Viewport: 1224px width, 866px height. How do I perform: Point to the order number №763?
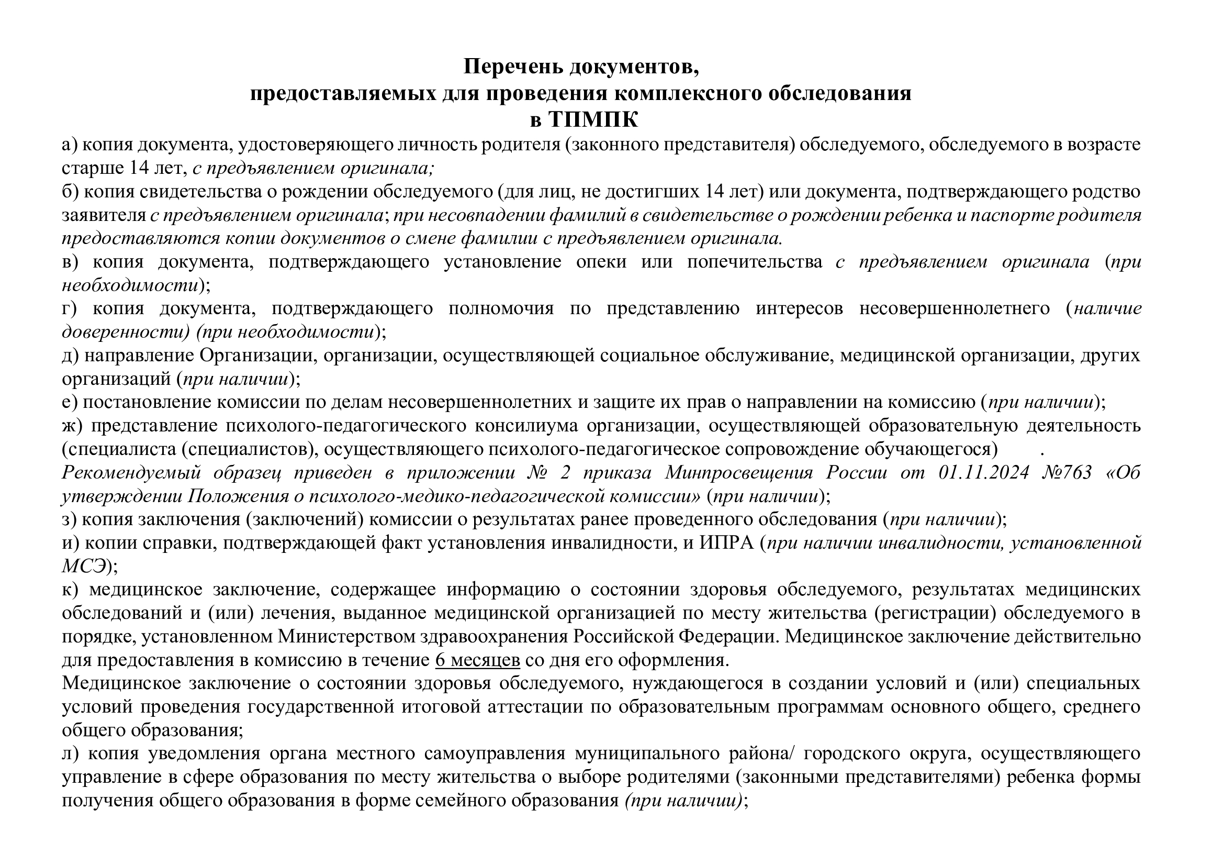pos(1066,473)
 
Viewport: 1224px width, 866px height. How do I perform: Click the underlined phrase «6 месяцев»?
pos(477,660)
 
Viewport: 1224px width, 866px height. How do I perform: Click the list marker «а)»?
pos(70,145)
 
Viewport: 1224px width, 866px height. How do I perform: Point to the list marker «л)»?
pos(70,753)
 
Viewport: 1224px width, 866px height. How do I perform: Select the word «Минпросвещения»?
pos(738,473)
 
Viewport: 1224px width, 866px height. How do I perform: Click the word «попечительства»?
pos(755,262)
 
